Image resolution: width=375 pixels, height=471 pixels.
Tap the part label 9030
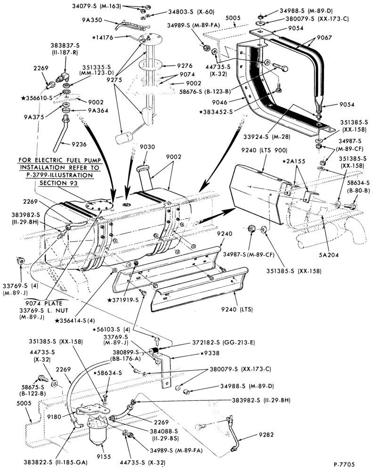(x=148, y=146)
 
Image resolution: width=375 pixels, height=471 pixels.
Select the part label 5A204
(x=329, y=255)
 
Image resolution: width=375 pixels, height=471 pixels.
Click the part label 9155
(x=103, y=456)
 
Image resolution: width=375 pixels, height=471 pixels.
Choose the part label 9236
(x=79, y=144)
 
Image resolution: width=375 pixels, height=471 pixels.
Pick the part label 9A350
(x=92, y=20)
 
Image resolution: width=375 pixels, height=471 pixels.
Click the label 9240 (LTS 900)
(x=264, y=150)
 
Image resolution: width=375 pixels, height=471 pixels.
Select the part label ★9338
(x=210, y=353)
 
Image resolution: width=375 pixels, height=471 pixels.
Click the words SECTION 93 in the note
(x=58, y=183)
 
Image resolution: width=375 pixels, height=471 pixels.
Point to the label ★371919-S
(x=124, y=300)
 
